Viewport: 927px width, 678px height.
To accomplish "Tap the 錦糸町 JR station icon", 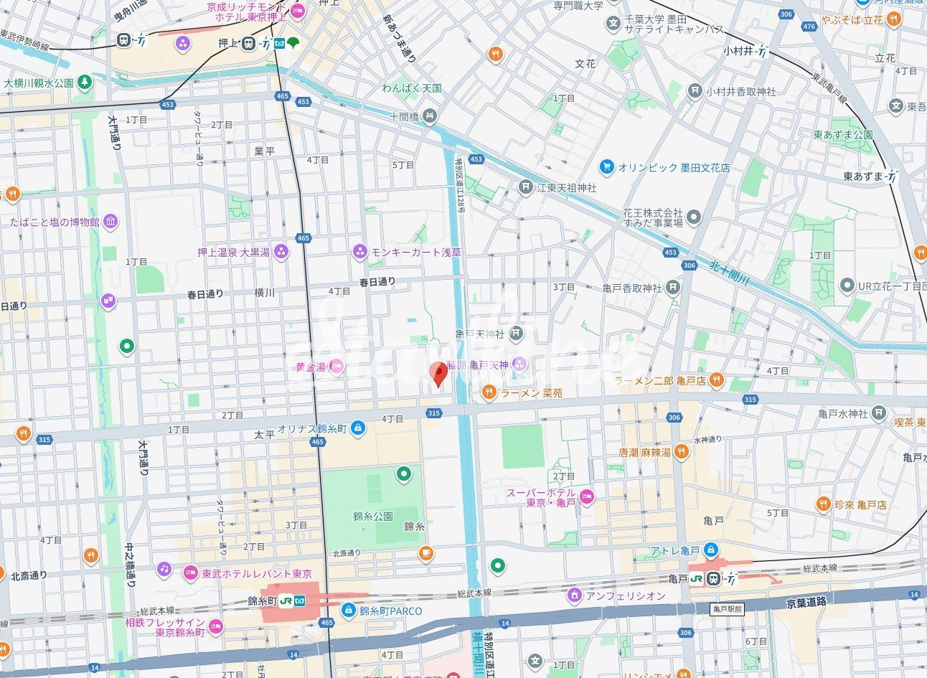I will pos(286,600).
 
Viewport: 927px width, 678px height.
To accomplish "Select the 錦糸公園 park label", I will pos(372,516).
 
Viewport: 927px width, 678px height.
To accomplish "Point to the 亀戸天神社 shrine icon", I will pos(517,334).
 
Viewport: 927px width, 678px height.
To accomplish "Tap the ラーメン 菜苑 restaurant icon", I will pos(488,392).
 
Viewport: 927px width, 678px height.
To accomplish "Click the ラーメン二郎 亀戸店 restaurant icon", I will pos(715,379).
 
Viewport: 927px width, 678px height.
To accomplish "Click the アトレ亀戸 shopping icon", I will pos(710,550).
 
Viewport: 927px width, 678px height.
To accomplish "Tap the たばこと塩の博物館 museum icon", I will pos(111,222).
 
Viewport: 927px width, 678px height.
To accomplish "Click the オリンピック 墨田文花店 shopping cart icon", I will pos(607,167).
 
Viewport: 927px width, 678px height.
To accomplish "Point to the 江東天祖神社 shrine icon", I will pos(526,187).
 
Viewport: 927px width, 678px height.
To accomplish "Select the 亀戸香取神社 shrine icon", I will pos(672,288).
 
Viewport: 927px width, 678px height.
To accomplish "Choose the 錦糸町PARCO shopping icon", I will pos(348,611).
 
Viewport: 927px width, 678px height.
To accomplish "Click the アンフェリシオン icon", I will pos(574,595).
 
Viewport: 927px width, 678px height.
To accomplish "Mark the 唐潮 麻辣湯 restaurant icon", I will pos(682,452).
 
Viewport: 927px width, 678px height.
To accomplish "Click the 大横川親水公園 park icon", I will pos(85,83).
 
